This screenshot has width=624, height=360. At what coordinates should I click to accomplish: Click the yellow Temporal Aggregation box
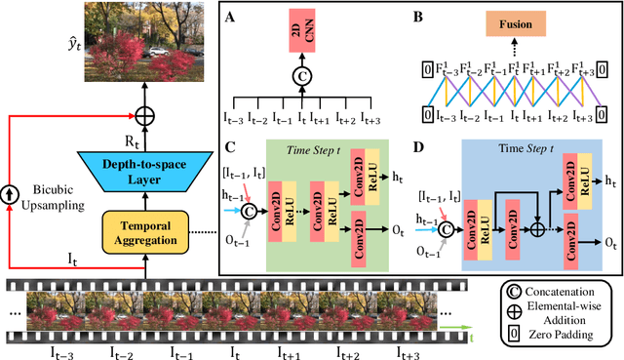point(144,207)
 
